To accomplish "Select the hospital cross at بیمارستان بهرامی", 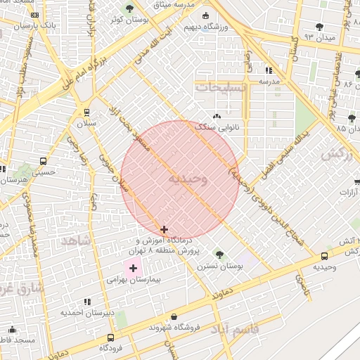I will [x=133, y=268].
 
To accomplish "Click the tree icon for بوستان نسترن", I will [x=219, y=254].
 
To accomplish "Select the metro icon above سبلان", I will [x=86, y=112].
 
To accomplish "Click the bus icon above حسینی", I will [x=44, y=160].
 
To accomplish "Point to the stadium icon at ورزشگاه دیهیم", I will [x=205, y=16].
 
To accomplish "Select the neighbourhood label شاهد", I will [x=76, y=240].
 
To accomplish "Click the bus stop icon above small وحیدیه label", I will [x=324, y=257].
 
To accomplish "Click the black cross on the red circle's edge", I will [x=164, y=229].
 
